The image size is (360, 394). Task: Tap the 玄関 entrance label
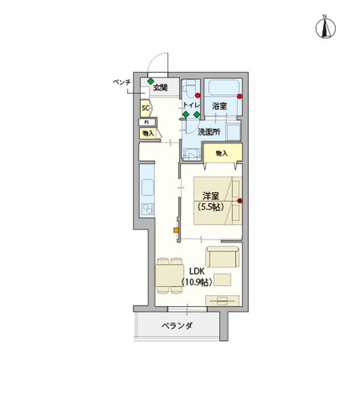160,87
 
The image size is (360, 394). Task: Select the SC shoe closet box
145,108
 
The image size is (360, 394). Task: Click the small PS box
146,122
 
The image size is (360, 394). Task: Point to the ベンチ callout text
123,82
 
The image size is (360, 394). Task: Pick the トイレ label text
191,106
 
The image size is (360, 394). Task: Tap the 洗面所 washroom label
208,131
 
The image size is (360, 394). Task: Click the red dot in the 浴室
240,97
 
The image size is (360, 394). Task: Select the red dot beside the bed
240,200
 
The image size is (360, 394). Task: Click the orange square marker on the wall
175,230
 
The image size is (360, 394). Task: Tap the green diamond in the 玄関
150,81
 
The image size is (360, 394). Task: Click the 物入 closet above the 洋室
221,154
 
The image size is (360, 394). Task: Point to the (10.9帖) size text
195,282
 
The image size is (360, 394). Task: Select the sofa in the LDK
222,256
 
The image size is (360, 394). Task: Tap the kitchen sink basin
146,211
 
